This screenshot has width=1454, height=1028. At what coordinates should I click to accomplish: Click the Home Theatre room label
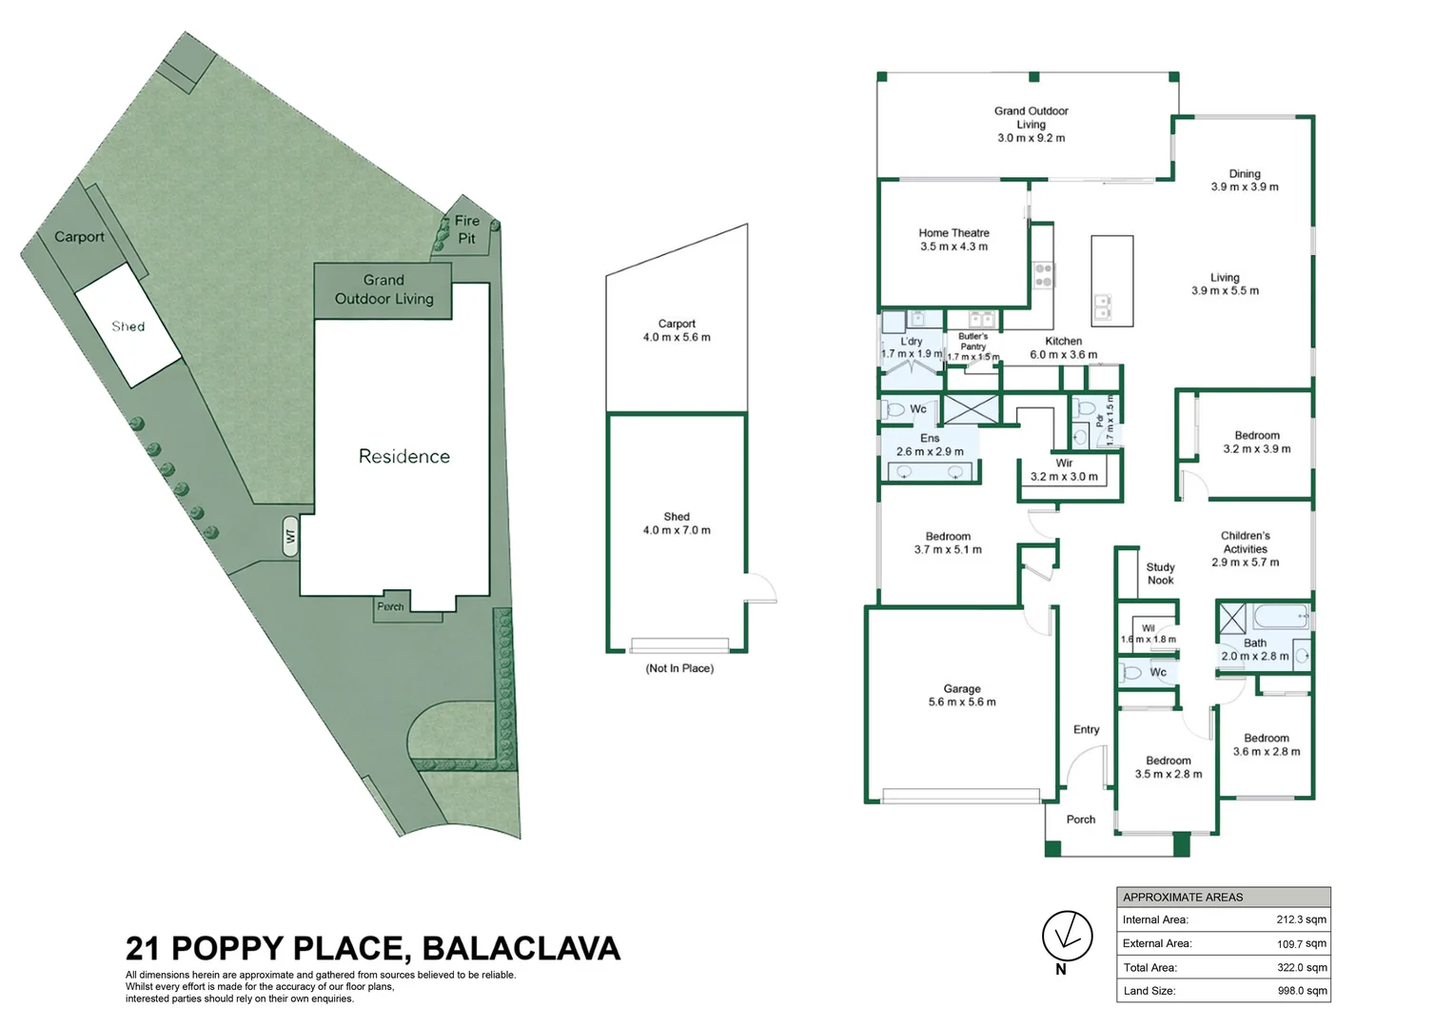[953, 240]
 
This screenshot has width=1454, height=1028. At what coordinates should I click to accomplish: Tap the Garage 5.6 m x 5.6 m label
[962, 696]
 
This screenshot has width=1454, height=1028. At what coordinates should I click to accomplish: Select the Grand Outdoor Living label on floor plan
[1031, 124]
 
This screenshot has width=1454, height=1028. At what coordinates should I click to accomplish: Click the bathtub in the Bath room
[1281, 618]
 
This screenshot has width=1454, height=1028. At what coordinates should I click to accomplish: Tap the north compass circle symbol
[1067, 936]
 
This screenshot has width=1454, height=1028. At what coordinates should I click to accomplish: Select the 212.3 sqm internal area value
[1301, 920]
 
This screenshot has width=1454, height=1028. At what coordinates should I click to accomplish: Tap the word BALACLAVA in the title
[521, 949]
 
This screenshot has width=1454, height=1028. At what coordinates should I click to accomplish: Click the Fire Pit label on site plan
[466, 229]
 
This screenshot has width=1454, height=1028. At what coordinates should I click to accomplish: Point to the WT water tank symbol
[291, 537]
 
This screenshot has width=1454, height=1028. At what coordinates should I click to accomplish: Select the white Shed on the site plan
[128, 326]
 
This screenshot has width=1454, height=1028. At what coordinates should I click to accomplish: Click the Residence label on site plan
[403, 457]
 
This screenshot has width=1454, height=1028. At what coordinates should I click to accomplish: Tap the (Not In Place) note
[679, 668]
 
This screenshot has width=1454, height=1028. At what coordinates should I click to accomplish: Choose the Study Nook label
[1160, 574]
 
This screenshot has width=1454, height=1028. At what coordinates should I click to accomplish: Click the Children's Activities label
[1245, 549]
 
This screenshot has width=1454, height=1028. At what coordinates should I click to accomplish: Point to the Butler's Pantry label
[973, 346]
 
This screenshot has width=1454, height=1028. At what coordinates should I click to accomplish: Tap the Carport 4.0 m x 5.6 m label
[677, 330]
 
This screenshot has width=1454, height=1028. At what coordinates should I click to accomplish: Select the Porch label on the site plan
[390, 606]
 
